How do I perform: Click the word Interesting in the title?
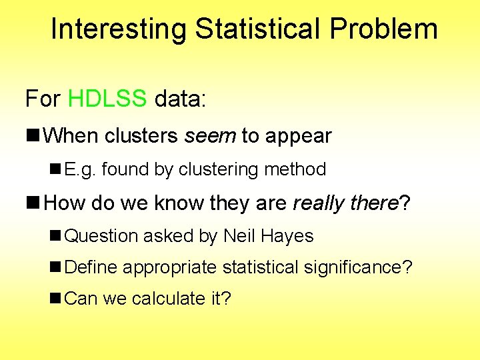(119, 29)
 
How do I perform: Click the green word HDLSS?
(107, 99)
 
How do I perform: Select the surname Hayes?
(288, 236)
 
